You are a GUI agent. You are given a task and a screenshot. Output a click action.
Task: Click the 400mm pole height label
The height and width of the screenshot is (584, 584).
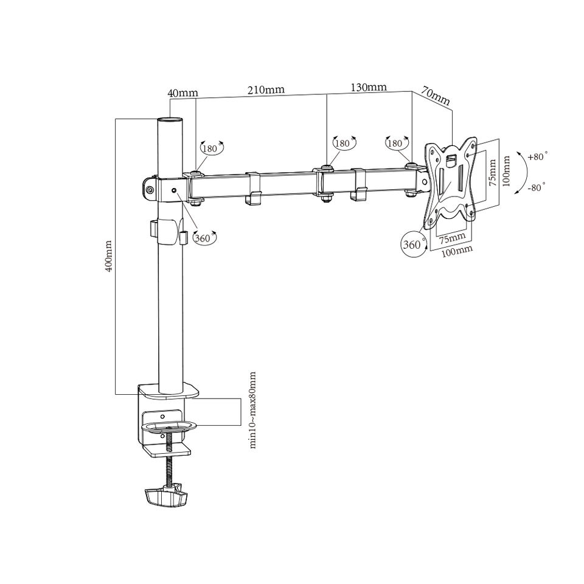tap(109, 256)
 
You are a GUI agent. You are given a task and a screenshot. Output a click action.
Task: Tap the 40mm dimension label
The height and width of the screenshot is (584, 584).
tap(183, 92)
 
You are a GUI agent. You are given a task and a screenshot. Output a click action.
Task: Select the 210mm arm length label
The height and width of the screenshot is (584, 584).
tap(266, 90)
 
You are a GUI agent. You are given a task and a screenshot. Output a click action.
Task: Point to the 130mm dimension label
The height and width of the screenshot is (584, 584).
tap(369, 87)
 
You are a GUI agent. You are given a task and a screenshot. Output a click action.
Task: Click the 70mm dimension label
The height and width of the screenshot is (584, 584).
tap(436, 96)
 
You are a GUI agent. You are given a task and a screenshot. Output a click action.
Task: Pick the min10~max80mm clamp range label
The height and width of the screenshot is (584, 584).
tap(253, 409)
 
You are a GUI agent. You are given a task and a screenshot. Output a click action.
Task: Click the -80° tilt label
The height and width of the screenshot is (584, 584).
tap(537, 187)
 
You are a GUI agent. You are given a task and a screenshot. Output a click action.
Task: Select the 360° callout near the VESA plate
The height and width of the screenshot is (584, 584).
tap(414, 245)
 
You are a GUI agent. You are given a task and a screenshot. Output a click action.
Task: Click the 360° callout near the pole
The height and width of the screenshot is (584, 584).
tap(204, 238)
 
